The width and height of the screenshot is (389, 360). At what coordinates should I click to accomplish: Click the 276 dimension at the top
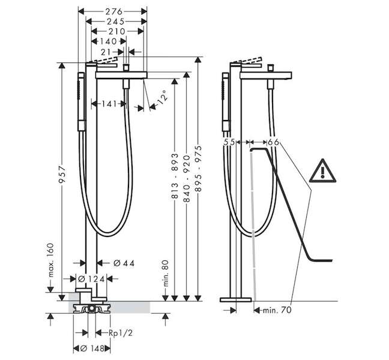coord(114,11)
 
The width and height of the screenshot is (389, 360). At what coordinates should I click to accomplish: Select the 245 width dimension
coord(115,22)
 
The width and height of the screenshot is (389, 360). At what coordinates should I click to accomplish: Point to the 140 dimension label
coord(108,41)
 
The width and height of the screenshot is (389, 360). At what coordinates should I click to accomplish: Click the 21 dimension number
coord(106,52)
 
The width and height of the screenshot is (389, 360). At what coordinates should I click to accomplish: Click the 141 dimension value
coord(109,104)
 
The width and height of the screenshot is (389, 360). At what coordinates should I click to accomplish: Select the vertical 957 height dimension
coord(62,175)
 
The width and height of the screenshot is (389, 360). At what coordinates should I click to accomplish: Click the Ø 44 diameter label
coord(124,263)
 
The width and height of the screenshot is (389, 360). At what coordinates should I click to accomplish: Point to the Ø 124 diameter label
coord(91,280)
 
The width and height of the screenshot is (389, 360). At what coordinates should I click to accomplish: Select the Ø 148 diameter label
coord(92,349)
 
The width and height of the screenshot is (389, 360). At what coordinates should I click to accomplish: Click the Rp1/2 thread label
coord(121,333)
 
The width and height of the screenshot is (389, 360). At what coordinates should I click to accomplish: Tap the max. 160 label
coord(50,260)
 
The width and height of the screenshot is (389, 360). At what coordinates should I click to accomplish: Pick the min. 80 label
coord(166,273)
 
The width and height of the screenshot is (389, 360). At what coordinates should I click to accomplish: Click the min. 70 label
coord(277,310)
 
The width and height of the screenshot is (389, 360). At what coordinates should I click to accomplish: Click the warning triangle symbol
coord(322,171)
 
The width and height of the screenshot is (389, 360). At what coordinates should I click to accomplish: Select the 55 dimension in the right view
coord(229,143)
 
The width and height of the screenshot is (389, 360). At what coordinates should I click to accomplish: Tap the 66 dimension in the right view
coord(273,143)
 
